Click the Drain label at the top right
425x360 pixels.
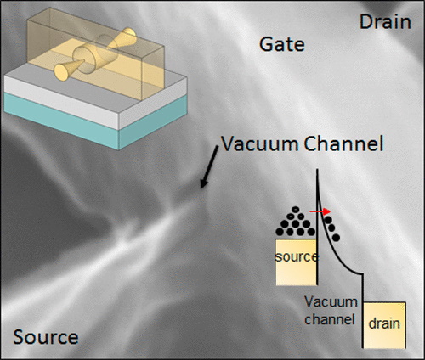[385, 22]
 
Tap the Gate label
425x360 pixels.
[282, 44]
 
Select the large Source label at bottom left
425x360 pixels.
[46, 337]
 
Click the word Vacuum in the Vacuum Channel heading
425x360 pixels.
[259, 143]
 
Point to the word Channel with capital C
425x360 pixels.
[343, 143]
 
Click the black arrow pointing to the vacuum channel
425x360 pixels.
[209, 167]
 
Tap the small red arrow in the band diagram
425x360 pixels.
[320, 211]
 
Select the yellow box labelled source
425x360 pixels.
[296, 262]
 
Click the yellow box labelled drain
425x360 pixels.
[384, 325]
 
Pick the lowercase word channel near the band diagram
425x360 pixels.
[330, 319]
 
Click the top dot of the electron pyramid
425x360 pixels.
[295, 210]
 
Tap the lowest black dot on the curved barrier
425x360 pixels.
[336, 238]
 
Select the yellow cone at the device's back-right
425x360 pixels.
[124, 37]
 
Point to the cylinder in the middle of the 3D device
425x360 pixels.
[95, 54]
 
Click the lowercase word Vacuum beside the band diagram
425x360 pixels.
[331, 302]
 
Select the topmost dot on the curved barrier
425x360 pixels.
[328, 220]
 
